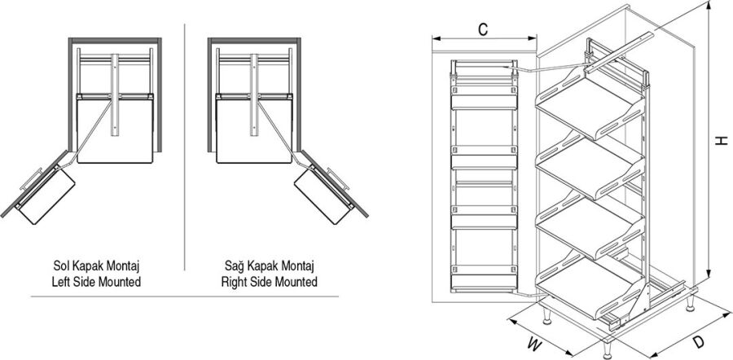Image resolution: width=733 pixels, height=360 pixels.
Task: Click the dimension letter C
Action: click(483, 30)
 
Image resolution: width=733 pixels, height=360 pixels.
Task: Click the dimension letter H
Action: click(720, 141)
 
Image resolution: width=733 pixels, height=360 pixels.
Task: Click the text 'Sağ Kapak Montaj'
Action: click(270, 266)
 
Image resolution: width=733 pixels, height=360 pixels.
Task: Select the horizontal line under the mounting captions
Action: click(185, 297)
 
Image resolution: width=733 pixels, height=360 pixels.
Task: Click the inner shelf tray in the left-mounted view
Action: click(114, 126)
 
